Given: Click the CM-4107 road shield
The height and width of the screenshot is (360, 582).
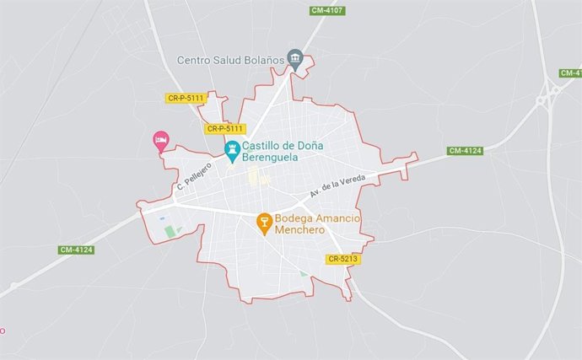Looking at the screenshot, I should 327,10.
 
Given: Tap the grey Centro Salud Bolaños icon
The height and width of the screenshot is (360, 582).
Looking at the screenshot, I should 294,57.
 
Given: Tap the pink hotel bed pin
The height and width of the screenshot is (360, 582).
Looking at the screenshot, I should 159,140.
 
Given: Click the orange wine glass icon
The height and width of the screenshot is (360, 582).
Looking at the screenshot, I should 264,223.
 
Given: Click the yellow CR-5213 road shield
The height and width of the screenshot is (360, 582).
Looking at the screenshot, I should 344,259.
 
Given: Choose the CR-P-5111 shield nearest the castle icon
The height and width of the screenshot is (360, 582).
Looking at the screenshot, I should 225,129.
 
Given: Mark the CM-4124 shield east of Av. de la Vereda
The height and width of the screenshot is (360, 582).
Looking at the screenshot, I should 465,151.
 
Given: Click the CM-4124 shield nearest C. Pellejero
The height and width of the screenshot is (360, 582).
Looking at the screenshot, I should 76,250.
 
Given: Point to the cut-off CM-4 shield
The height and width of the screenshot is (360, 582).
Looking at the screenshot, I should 571,73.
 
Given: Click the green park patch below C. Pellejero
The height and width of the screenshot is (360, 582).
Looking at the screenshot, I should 172,231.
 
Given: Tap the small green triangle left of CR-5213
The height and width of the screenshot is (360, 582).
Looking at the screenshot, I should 304,274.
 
